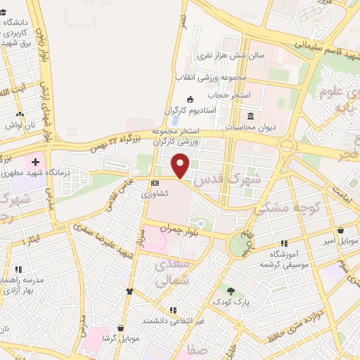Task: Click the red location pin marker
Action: [181, 165]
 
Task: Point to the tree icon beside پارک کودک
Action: [231, 290]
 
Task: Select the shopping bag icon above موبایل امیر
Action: [341, 230]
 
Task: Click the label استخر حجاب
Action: [224, 94]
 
